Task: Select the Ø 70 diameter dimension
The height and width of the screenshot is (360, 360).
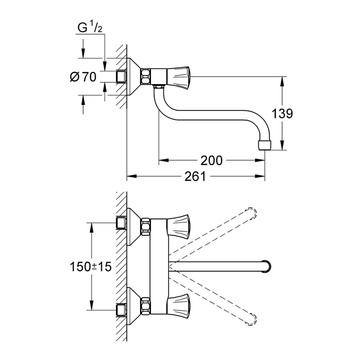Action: [x=83, y=77]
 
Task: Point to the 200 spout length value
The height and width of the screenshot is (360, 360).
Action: [x=211, y=161]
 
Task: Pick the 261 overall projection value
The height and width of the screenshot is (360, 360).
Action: [x=195, y=176]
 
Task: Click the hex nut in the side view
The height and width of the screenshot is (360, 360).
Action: [x=146, y=76]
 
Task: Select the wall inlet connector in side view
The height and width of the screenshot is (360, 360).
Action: [x=122, y=76]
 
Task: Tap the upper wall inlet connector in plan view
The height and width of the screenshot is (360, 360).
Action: [x=122, y=223]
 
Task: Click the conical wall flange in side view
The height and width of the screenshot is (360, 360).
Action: [x=134, y=76]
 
